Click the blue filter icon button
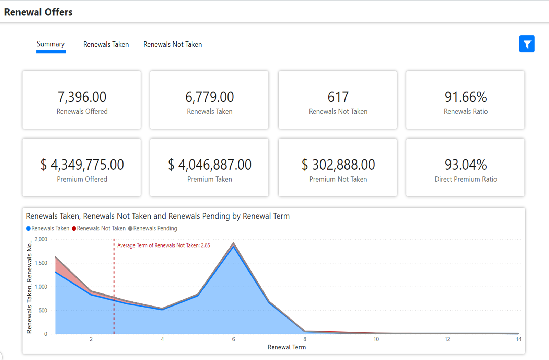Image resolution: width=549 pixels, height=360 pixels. click(x=527, y=44)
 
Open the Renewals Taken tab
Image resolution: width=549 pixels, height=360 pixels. click(x=106, y=44)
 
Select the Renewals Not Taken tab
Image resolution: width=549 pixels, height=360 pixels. click(x=173, y=44)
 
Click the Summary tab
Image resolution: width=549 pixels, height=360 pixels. click(x=51, y=44)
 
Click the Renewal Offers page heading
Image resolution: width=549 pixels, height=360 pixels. click(x=38, y=12)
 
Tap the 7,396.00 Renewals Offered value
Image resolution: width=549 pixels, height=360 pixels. click(x=82, y=97)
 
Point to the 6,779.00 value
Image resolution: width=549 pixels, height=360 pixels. click(x=210, y=97)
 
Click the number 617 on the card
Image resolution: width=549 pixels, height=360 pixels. click(x=338, y=97)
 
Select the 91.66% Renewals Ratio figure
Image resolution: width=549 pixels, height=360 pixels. click(x=466, y=97)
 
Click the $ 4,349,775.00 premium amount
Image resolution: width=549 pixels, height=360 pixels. click(x=82, y=165)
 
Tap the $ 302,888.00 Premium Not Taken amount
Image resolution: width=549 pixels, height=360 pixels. click(x=338, y=165)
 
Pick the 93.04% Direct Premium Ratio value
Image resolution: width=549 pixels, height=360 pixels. click(x=466, y=165)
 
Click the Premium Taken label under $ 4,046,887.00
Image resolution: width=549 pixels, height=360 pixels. click(x=210, y=179)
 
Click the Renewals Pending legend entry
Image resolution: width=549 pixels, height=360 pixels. click(x=155, y=228)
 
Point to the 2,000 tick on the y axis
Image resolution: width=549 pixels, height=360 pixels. click(x=41, y=239)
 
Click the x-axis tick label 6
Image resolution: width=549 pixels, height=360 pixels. click(x=234, y=339)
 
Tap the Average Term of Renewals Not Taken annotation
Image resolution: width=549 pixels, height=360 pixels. click(x=163, y=245)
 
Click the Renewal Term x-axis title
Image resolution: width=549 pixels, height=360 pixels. click(x=287, y=347)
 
